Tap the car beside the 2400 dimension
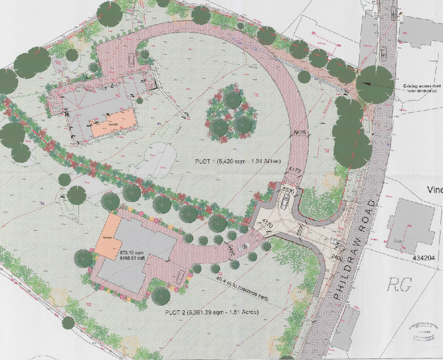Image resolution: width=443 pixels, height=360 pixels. click(x=335, y=243)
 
